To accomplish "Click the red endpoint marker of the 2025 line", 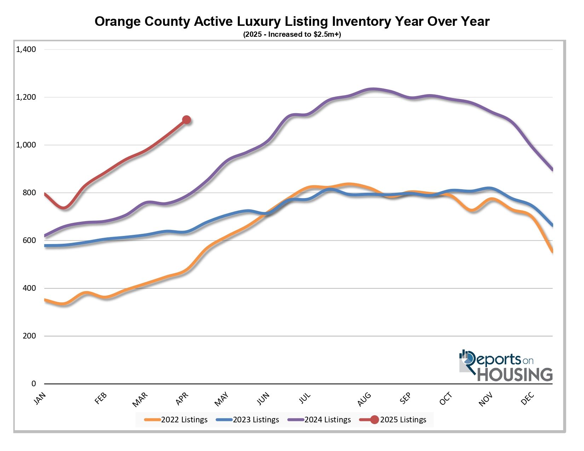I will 187,120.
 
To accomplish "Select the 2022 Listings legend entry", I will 176,420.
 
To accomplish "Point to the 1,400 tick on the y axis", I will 26,50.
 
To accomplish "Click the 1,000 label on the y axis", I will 26,145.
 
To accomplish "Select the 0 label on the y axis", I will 34,384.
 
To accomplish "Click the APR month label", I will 182,399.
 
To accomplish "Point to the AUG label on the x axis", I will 364,399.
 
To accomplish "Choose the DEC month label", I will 527,399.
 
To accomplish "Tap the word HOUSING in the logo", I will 515,375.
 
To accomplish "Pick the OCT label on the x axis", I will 446,399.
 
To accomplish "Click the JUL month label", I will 305,399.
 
